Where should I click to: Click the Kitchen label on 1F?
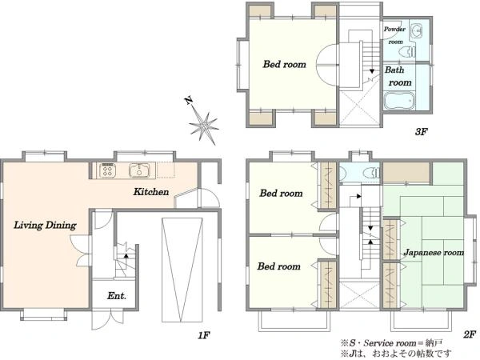[x=151, y=192]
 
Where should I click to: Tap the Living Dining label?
[x=46, y=226]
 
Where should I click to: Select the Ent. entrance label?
[x=117, y=296]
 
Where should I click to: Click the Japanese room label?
[x=434, y=253]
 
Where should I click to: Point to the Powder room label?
[x=395, y=35]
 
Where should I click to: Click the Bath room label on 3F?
[x=398, y=76]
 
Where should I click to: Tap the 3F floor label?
[x=421, y=132]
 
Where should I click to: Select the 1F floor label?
[x=203, y=335]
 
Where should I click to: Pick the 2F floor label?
[x=470, y=334]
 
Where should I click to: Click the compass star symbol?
[x=203, y=126]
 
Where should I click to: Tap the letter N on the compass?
[x=189, y=101]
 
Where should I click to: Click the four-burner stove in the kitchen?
[x=107, y=170]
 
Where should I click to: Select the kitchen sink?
[x=139, y=170]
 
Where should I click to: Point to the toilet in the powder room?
[x=407, y=52]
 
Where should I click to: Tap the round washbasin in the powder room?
[x=416, y=30]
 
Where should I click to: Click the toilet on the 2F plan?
[x=371, y=173]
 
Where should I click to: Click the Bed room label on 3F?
[x=284, y=64]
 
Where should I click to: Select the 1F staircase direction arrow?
[x=126, y=255]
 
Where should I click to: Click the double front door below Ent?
[x=107, y=319]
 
